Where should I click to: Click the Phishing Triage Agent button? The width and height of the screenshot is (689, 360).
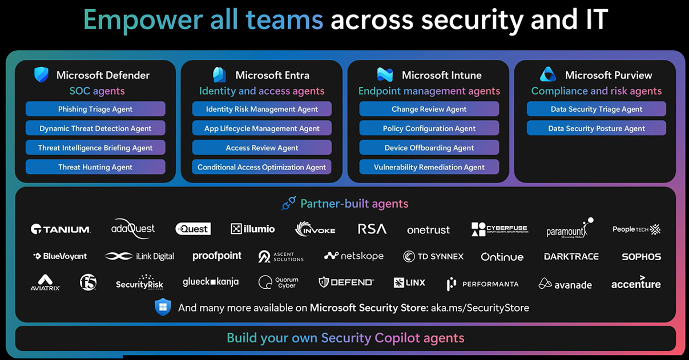pos(95,109)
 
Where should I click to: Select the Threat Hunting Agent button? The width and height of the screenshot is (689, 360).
pos(95,167)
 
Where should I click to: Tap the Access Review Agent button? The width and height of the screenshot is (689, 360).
pos(262,148)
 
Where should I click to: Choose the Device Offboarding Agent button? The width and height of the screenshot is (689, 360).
pos(429,148)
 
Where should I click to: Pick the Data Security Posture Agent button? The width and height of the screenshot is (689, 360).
pos(597,128)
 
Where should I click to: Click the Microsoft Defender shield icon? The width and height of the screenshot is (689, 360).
pos(41,75)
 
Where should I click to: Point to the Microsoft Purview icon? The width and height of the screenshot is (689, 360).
pos(548,75)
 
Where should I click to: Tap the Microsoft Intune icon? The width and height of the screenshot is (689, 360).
pos(385,75)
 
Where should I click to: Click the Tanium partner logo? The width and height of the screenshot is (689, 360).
pos(61,229)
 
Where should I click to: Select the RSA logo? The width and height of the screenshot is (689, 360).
pos(372,229)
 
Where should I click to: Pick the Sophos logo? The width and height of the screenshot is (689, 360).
pos(641,257)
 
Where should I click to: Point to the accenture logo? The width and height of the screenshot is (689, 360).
pos(636,283)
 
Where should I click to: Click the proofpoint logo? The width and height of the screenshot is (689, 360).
pos(217,256)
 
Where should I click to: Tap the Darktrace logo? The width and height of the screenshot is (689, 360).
pos(571,257)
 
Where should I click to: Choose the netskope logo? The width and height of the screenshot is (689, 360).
pos(354,256)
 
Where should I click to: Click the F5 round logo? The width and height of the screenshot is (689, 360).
pos(88,282)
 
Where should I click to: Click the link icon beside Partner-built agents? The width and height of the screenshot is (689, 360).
pos(289,204)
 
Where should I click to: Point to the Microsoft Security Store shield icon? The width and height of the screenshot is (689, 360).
pos(163,307)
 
